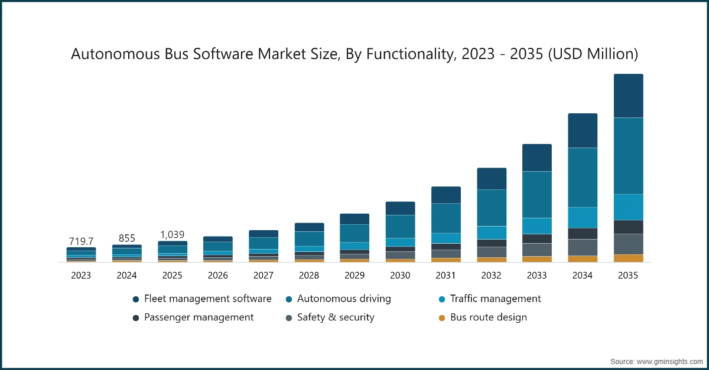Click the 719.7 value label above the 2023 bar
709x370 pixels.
tap(81, 241)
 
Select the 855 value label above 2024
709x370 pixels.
tap(127, 238)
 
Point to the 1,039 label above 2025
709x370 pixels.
tap(173, 234)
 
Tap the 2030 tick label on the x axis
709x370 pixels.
tap(400, 276)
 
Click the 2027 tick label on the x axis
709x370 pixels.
tap(264, 276)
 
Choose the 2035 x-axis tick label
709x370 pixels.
tap(628, 276)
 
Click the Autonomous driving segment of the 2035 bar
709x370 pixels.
tap(628, 156)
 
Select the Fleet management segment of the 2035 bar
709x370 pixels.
tap(628, 96)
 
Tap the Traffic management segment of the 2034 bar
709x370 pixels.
tap(583, 217)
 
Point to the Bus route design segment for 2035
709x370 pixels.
tap(628, 258)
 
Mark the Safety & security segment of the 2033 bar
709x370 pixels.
tap(536, 250)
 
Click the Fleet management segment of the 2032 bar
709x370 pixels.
tap(492, 178)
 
